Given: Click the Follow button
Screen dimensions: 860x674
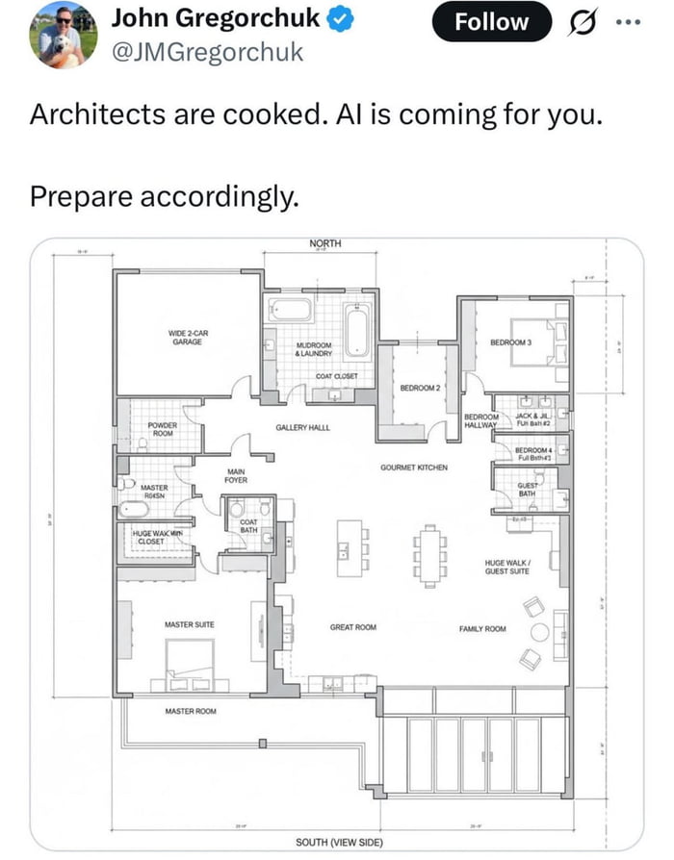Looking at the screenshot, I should tap(492, 21).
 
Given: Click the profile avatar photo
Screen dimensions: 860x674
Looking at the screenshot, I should tap(64, 34).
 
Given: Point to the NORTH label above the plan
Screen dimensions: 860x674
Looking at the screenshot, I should tap(325, 243).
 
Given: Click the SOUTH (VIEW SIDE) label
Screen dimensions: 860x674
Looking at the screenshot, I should tap(339, 843).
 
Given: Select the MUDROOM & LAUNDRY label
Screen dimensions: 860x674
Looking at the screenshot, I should tap(314, 349).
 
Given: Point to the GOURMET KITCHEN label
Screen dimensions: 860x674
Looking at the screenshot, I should tap(413, 468).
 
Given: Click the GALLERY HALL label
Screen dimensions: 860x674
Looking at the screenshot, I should tap(302, 426).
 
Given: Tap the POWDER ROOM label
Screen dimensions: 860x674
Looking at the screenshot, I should tap(163, 429).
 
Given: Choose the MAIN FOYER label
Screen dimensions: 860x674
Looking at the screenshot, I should tap(236, 475).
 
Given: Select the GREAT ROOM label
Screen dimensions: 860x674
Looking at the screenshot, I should tap(352, 627).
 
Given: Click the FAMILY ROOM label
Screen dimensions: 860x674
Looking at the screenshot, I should tap(482, 628).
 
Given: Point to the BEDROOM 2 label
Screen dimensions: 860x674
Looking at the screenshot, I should tap(419, 388).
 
